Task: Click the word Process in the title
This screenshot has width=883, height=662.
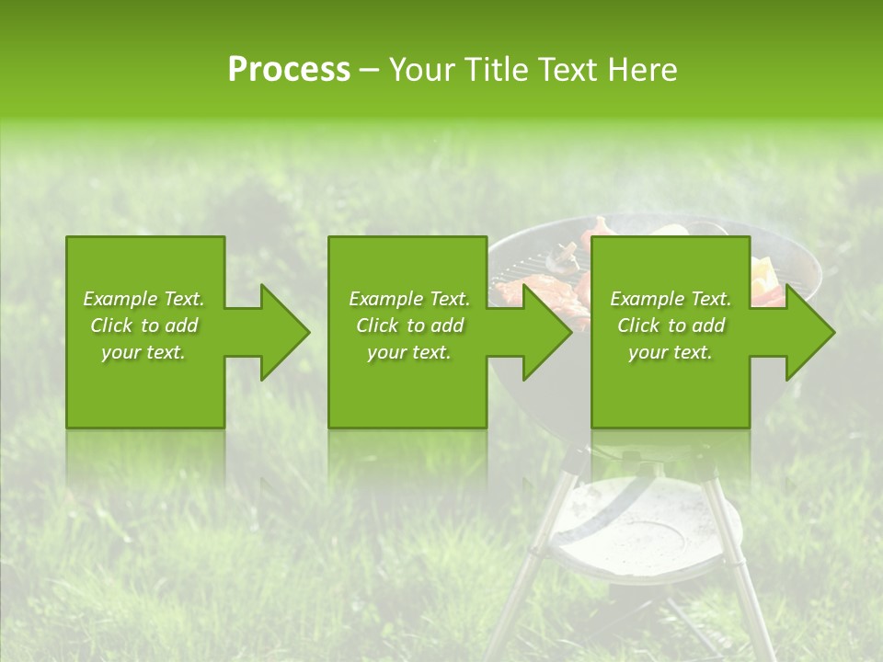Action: click(289, 70)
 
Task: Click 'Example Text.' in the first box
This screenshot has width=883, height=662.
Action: click(143, 299)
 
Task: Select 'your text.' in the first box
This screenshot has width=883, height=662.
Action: click(143, 352)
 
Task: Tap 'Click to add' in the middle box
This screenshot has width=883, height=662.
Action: click(409, 325)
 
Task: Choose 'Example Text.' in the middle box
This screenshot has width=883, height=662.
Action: click(409, 299)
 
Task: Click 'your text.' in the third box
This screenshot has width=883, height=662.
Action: click(671, 352)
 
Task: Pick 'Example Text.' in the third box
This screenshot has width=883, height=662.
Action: click(671, 299)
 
